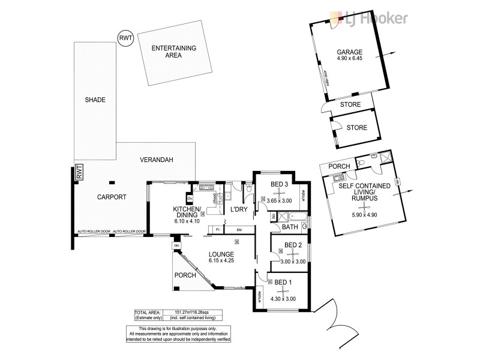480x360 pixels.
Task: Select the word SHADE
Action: [x=95, y=100]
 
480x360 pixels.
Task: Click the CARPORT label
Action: [x=112, y=197]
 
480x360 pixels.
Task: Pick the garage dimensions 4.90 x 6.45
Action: [x=350, y=59]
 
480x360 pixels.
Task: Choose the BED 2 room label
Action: [x=293, y=245]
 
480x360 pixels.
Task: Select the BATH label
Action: [x=290, y=227]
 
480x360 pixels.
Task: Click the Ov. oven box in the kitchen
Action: [x=190, y=198]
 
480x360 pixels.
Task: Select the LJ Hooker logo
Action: [x=371, y=17]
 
